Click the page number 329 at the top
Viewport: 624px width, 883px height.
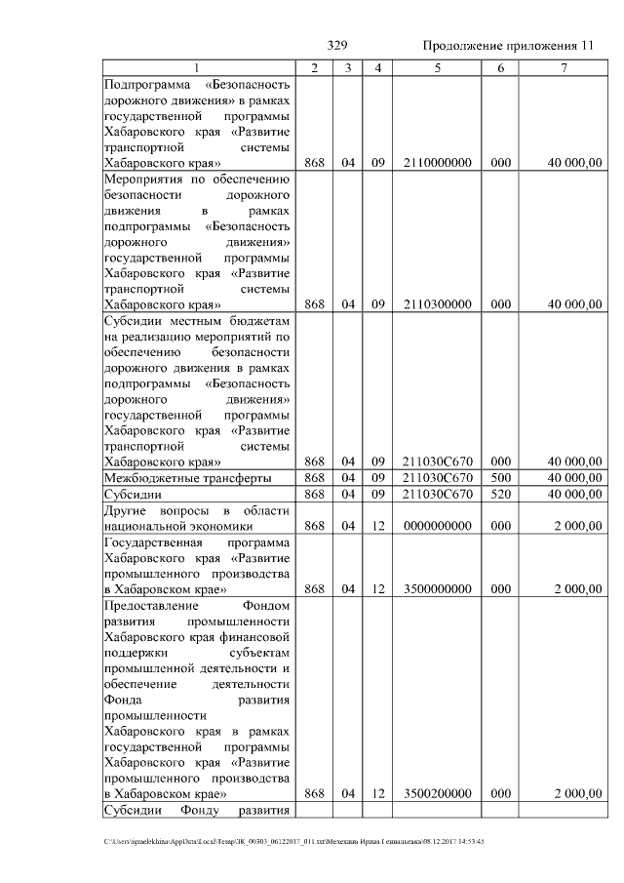point(338,46)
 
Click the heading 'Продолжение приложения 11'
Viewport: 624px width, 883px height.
point(507,46)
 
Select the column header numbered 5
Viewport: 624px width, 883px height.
point(438,68)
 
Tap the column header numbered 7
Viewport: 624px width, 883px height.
point(563,68)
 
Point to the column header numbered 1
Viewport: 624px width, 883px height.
point(197,68)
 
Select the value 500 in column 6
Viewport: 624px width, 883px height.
point(500,478)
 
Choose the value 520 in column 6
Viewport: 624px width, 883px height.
point(500,495)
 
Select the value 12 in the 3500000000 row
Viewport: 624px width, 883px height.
point(378,588)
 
